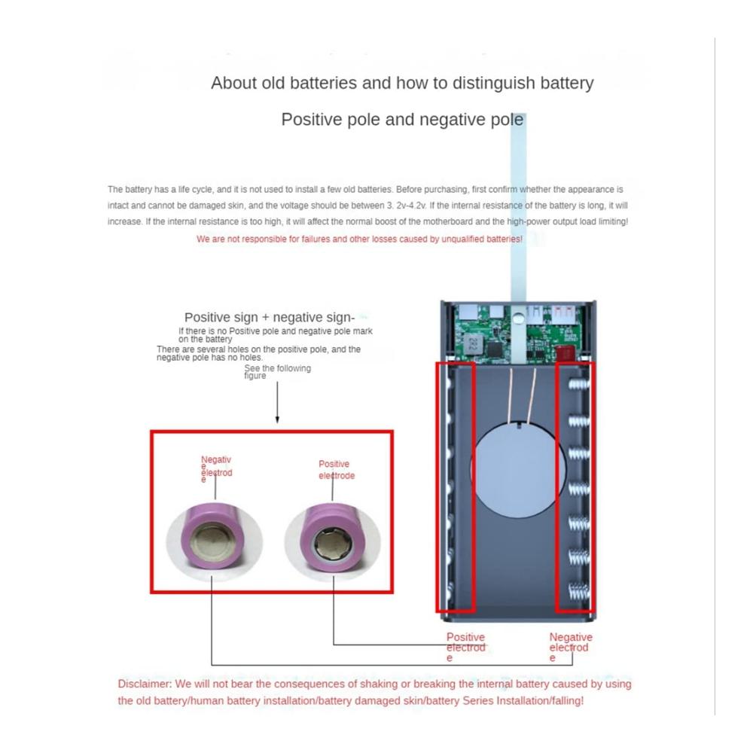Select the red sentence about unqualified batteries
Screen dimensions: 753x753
tap(359, 239)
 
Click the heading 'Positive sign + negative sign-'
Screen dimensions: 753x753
tap(270, 318)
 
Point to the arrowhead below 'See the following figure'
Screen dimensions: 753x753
tap(277, 419)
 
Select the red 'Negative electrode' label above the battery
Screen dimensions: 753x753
tap(216, 468)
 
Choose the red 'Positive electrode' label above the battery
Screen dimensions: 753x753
tap(337, 470)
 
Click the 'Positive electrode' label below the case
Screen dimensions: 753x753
tap(466, 647)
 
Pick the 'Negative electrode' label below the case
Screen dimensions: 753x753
tap(571, 647)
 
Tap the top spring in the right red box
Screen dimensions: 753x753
tap(578, 385)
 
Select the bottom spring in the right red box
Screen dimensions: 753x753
tap(579, 590)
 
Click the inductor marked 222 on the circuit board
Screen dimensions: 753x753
tap(473, 343)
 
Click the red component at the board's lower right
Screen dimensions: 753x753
tap(565, 353)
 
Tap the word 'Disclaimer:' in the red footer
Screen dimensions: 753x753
tap(145, 684)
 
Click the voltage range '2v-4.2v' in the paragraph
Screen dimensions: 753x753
tap(411, 206)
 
